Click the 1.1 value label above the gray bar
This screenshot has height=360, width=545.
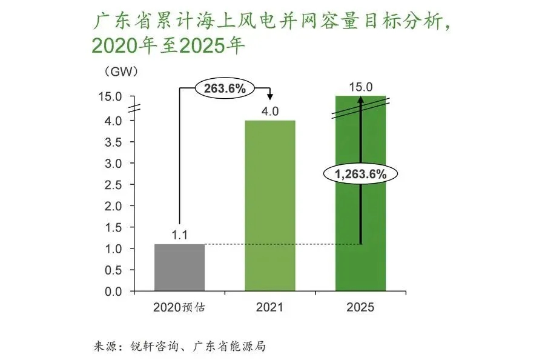[x=179, y=234]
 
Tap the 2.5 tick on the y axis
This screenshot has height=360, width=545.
[x=114, y=185]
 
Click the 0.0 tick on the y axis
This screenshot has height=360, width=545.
[x=114, y=292]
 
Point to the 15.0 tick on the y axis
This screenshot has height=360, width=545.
[x=111, y=97]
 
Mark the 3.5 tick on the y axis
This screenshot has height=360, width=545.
[x=114, y=142]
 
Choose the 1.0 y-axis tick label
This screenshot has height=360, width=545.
[x=114, y=249]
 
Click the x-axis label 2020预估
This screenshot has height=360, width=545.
[x=179, y=307]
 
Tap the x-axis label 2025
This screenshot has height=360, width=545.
[x=361, y=307]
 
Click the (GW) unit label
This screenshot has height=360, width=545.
[x=122, y=72]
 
